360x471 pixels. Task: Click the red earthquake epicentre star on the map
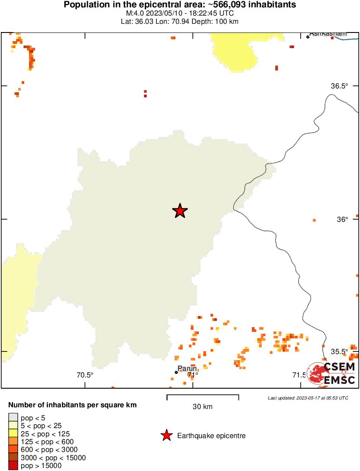180,211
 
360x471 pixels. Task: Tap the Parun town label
187,369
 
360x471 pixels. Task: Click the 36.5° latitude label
340,86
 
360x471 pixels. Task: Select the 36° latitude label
342,220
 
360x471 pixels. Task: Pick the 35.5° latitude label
340,351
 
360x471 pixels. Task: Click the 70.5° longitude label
85,375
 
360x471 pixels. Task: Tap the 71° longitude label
193,375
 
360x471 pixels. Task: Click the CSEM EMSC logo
332,374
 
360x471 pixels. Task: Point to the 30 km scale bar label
202,406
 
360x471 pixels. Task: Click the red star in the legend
166,435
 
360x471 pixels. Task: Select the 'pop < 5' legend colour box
13,418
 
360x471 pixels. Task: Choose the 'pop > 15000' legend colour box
13,466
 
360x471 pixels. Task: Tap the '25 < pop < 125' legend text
45,434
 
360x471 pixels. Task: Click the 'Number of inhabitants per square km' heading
73,406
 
